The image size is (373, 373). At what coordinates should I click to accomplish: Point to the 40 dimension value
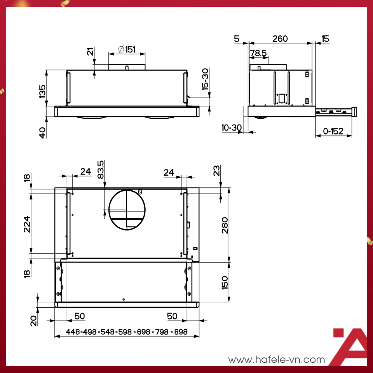[x=42, y=132]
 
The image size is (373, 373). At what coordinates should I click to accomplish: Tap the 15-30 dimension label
[x=205, y=80]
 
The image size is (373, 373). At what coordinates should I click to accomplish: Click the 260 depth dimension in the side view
[x=280, y=38]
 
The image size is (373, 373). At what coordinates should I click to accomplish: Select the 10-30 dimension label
[x=231, y=127]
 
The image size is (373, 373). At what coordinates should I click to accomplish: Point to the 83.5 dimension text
[x=101, y=169]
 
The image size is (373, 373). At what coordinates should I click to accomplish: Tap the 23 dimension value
[x=217, y=171]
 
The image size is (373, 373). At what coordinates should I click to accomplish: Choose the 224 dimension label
[x=27, y=224]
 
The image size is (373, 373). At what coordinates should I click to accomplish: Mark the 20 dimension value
[x=33, y=320]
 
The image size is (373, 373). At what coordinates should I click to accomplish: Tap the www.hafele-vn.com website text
[x=276, y=360]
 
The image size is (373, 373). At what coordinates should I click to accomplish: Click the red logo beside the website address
[x=350, y=347]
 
